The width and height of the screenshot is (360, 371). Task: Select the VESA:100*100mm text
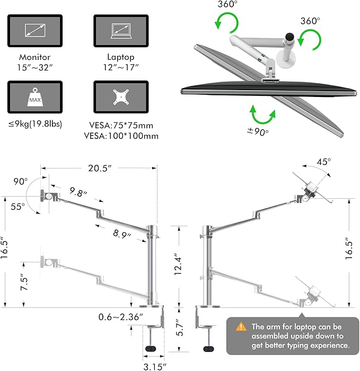121,136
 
